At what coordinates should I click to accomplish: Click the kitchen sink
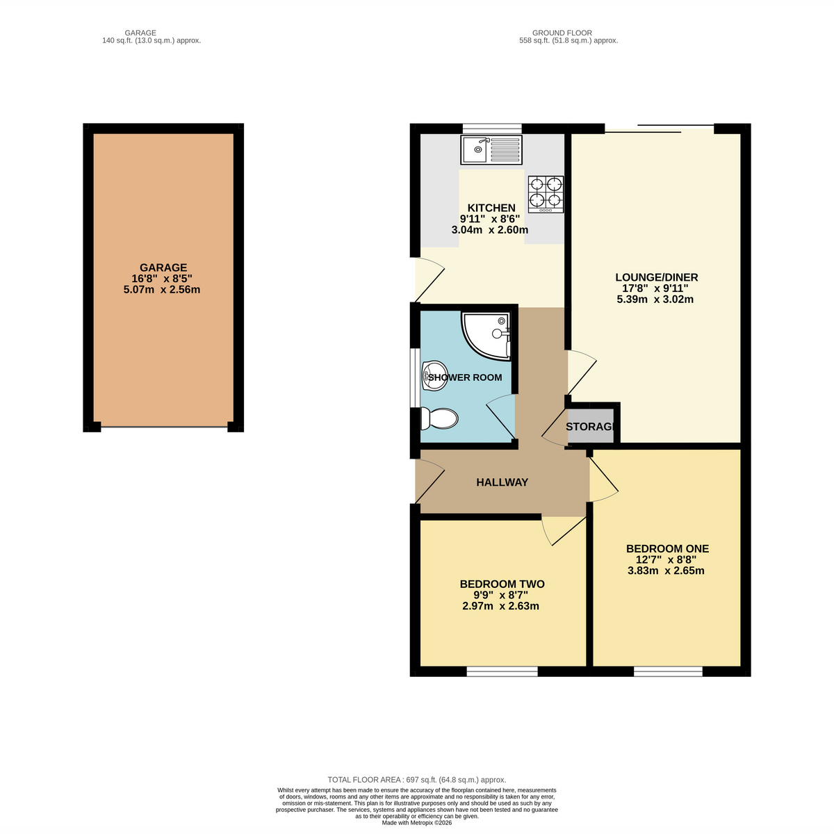[491, 149]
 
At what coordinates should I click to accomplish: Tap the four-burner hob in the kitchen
[546, 194]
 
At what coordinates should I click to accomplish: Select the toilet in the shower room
[439, 418]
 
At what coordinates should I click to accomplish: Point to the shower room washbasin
[434, 376]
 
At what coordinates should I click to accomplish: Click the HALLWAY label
[502, 482]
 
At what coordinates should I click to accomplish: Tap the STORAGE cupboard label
[590, 426]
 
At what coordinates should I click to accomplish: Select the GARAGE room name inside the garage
[163, 268]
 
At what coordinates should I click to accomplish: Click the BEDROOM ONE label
[667, 548]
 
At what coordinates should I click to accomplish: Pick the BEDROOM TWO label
[502, 584]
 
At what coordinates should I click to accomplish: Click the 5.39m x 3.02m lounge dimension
[655, 299]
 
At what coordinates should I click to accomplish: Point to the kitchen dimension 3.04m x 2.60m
[490, 230]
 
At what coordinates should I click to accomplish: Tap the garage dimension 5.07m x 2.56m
[162, 290]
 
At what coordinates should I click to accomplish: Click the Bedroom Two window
[502, 671]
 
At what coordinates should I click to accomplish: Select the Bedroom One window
[668, 671]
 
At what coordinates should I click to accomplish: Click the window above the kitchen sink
[492, 129]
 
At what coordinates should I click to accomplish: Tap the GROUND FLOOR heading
[562, 33]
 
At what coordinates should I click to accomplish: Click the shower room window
[415, 377]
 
